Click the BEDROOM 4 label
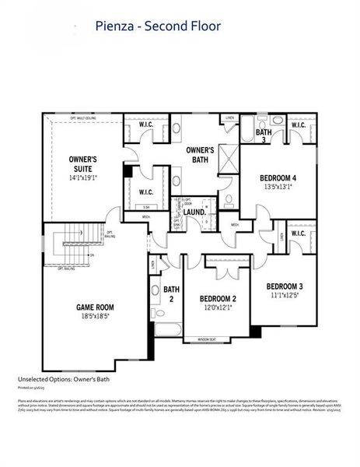tap(281, 177)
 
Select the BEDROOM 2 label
tap(218, 298)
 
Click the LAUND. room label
tap(194, 212)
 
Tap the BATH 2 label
tap(172, 295)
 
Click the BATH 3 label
tap(263, 135)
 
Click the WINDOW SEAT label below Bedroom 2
tap(206, 339)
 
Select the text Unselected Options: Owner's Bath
tap(63, 379)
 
